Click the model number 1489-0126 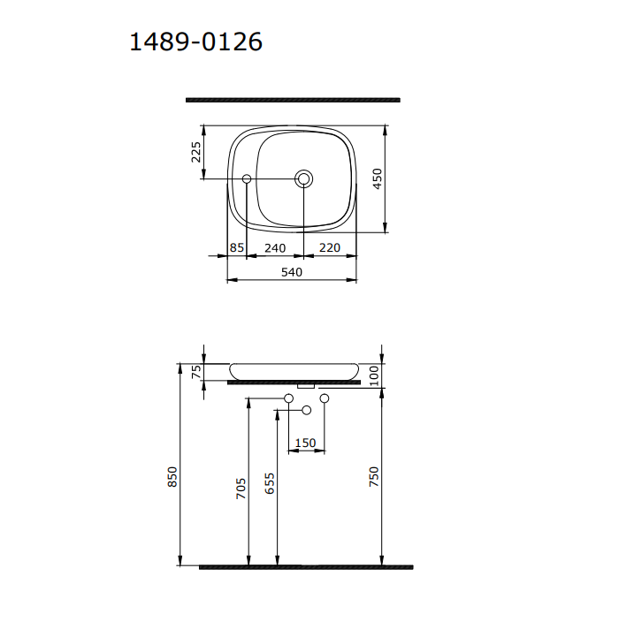[195, 42]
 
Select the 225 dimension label [197, 152]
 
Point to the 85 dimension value [236, 248]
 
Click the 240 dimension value [274, 248]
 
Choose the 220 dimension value [329, 248]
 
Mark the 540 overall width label [292, 272]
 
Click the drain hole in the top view [304, 179]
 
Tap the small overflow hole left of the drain [247, 179]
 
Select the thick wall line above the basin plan [292, 100]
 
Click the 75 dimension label [197, 371]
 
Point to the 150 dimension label [305, 443]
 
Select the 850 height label [173, 477]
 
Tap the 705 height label [241, 490]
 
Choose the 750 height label [374, 477]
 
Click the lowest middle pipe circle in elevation [307, 410]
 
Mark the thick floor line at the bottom [305, 567]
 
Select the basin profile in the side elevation [294, 369]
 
